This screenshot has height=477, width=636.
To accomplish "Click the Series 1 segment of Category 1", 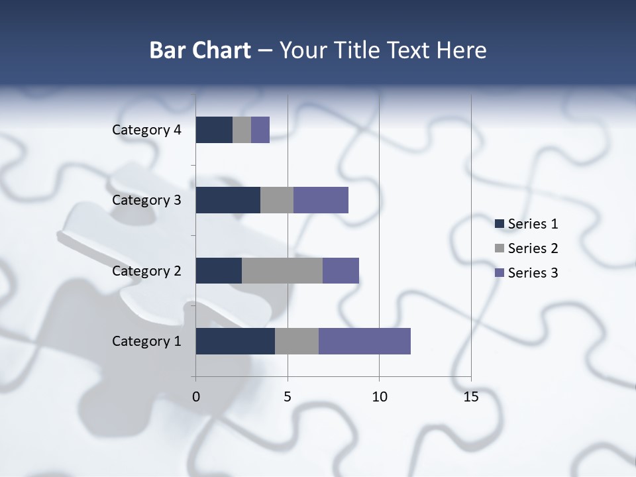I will point(235,341).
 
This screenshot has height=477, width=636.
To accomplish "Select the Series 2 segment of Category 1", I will point(297,341).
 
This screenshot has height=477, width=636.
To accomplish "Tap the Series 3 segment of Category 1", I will point(364,341).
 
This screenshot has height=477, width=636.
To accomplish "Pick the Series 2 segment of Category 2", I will point(282,270).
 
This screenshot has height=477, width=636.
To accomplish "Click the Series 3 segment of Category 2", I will point(341,270).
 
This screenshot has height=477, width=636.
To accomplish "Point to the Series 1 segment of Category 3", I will point(228,200).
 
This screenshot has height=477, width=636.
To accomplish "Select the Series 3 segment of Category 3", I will point(321,200).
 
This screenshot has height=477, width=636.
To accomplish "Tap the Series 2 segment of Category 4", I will point(242,130).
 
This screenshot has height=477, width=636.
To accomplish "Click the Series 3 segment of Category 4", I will point(260,130).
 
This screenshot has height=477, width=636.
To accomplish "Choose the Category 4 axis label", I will point(146,130).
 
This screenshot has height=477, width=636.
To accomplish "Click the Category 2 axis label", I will point(146,270).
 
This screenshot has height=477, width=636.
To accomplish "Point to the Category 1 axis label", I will point(146,341).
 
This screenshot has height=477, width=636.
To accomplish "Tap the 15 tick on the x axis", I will point(471,397).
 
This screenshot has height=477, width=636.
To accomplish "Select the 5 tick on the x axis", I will point(288,397).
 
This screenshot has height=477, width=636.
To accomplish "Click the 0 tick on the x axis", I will point(195,397).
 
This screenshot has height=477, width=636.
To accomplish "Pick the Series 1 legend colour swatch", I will point(500,224).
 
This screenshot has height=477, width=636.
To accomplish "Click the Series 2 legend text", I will point(533,248).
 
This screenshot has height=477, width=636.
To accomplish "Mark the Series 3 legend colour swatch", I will point(500,273).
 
